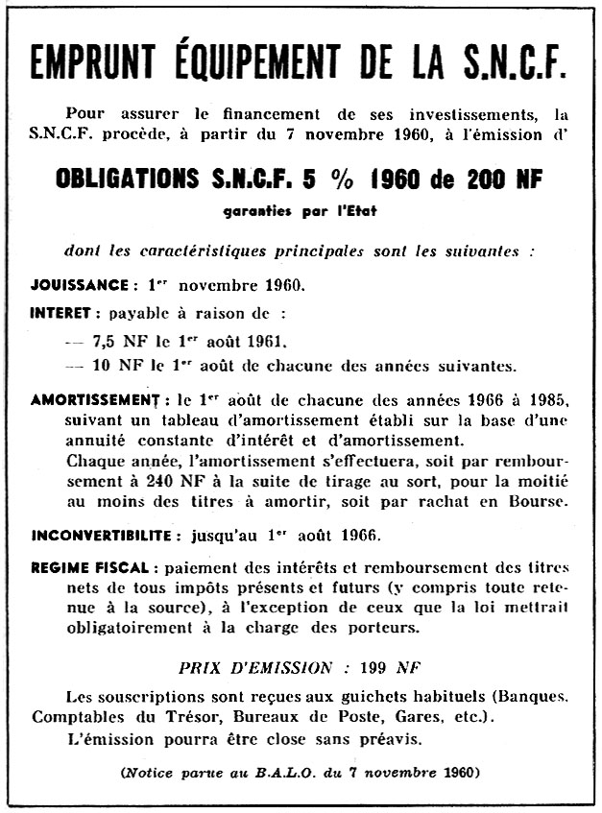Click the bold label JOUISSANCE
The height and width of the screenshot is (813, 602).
coord(79,285)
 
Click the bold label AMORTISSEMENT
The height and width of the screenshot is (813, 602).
coord(93,398)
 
